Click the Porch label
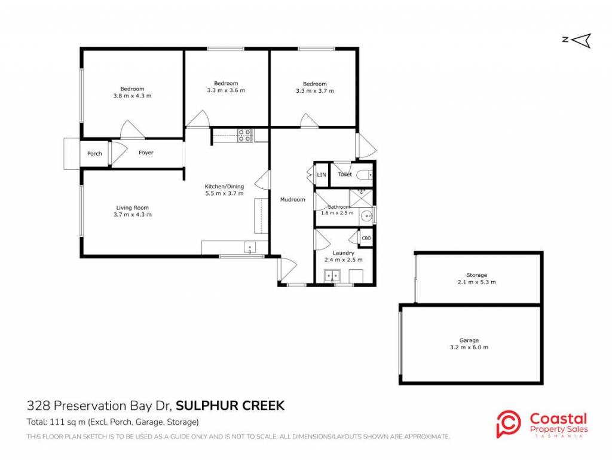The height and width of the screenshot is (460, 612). tap(94, 154)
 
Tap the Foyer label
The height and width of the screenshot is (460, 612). tap(146, 153)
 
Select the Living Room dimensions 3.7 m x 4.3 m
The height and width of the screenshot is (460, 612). tap(133, 214)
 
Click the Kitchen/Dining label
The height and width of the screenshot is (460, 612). tap(225, 186)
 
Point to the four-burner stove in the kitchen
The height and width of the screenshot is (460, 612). tap(244, 136)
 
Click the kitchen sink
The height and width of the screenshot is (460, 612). tap(250, 248)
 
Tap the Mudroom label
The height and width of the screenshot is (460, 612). tap(293, 200)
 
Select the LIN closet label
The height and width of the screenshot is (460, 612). tap(322, 175)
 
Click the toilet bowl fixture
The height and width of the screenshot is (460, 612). tap(365, 175)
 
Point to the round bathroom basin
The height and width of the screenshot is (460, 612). tap(366, 216)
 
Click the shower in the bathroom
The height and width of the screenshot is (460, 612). tap(361, 199)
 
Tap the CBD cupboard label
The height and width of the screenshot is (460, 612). tap(366, 238)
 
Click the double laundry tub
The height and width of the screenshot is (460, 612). tap(332, 276)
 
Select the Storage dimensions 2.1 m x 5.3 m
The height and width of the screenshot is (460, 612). tap(476, 282)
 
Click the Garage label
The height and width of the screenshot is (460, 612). tap(469, 340)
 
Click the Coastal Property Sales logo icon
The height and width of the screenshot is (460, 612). tap(508, 424)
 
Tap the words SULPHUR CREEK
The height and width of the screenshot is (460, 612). tap(230, 406)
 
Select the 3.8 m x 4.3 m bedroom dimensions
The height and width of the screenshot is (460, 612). tap(132, 96)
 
